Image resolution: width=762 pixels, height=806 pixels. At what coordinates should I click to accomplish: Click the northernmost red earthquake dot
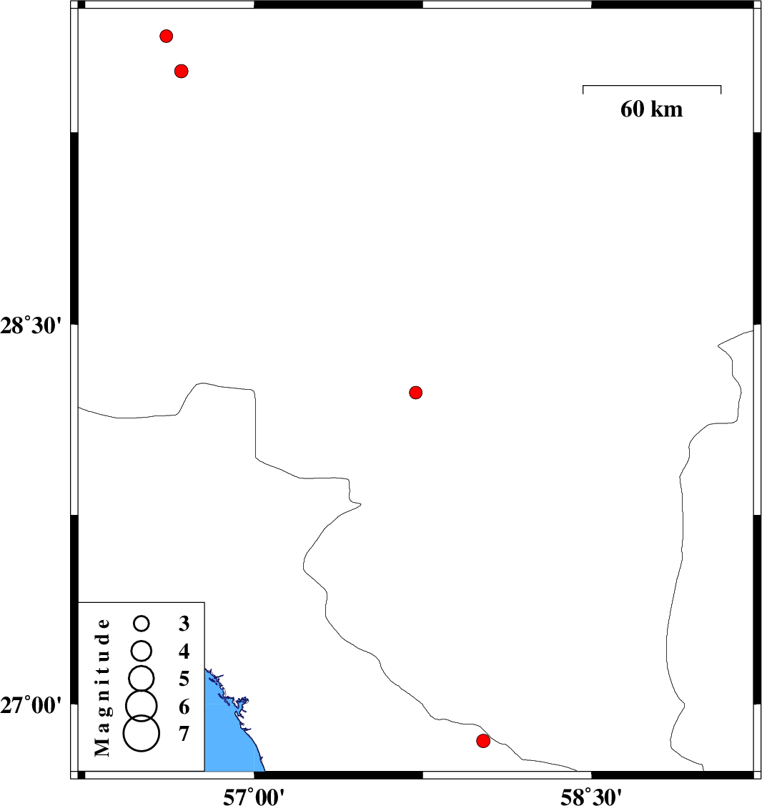[166, 36]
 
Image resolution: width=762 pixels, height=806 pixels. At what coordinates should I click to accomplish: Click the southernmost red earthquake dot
[483, 741]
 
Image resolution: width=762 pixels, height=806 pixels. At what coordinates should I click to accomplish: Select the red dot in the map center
[416, 393]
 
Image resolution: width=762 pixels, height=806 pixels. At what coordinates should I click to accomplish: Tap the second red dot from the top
[182, 71]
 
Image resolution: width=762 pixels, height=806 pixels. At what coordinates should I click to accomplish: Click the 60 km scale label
[651, 109]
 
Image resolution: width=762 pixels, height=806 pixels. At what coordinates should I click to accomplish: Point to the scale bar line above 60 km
[652, 86]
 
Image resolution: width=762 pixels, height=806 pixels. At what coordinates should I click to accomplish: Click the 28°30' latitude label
[31, 326]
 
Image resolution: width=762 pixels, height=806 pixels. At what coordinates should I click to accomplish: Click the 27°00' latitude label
[31, 706]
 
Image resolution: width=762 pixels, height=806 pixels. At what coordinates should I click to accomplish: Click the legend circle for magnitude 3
[142, 624]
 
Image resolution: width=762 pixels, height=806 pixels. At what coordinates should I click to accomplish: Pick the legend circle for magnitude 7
[142, 734]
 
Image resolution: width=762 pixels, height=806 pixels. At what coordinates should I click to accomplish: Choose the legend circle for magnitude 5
[142, 677]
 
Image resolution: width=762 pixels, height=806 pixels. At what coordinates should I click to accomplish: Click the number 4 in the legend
[184, 652]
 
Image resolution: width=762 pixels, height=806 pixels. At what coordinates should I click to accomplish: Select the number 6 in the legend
[184, 707]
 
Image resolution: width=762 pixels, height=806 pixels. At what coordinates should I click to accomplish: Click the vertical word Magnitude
[103, 688]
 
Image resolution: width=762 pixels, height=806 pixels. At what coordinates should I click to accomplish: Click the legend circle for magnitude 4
[142, 651]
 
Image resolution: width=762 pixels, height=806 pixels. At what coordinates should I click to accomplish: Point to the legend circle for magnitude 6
[142, 705]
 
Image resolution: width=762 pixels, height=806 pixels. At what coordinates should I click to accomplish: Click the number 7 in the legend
[184, 734]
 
